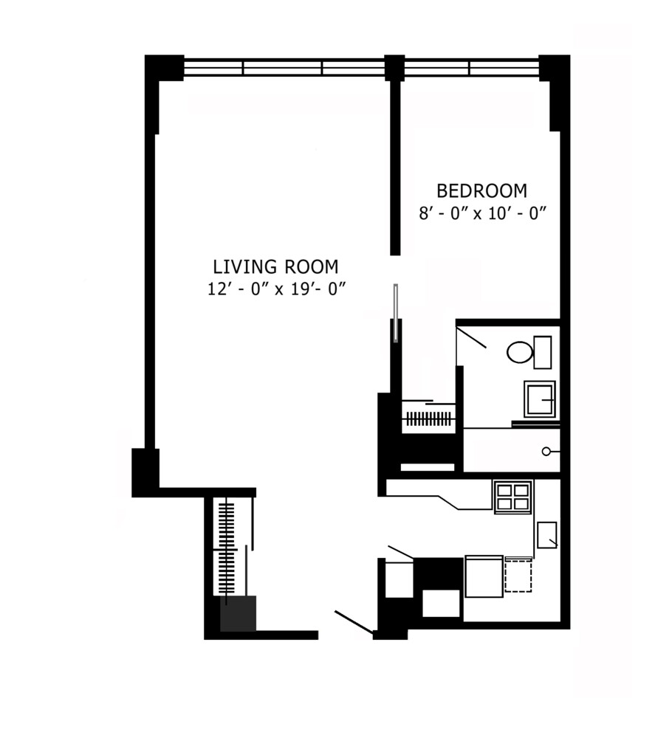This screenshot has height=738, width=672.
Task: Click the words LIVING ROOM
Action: (276, 266)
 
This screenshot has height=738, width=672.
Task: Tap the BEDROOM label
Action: (481, 191)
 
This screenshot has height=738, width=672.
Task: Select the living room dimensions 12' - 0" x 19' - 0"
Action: (277, 289)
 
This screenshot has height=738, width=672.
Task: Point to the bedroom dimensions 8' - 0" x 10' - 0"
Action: (481, 213)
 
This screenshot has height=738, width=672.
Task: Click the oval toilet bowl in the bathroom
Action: (520, 352)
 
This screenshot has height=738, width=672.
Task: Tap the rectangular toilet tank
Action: (543, 352)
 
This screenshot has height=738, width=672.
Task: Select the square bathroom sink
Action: (540, 399)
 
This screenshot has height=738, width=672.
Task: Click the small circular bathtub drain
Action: (546, 451)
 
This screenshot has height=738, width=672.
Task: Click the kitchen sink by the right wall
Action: (546, 534)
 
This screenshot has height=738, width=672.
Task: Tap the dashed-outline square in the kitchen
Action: (518, 576)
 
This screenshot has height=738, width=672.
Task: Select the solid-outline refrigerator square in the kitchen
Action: (483, 576)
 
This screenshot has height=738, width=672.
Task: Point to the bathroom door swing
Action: (470, 337)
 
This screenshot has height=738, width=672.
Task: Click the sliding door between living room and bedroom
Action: (396, 314)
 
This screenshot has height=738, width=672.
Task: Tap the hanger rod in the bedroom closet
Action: (428, 418)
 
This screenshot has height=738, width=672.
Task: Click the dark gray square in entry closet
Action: (238, 613)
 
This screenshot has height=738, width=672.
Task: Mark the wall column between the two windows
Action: (395, 68)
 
